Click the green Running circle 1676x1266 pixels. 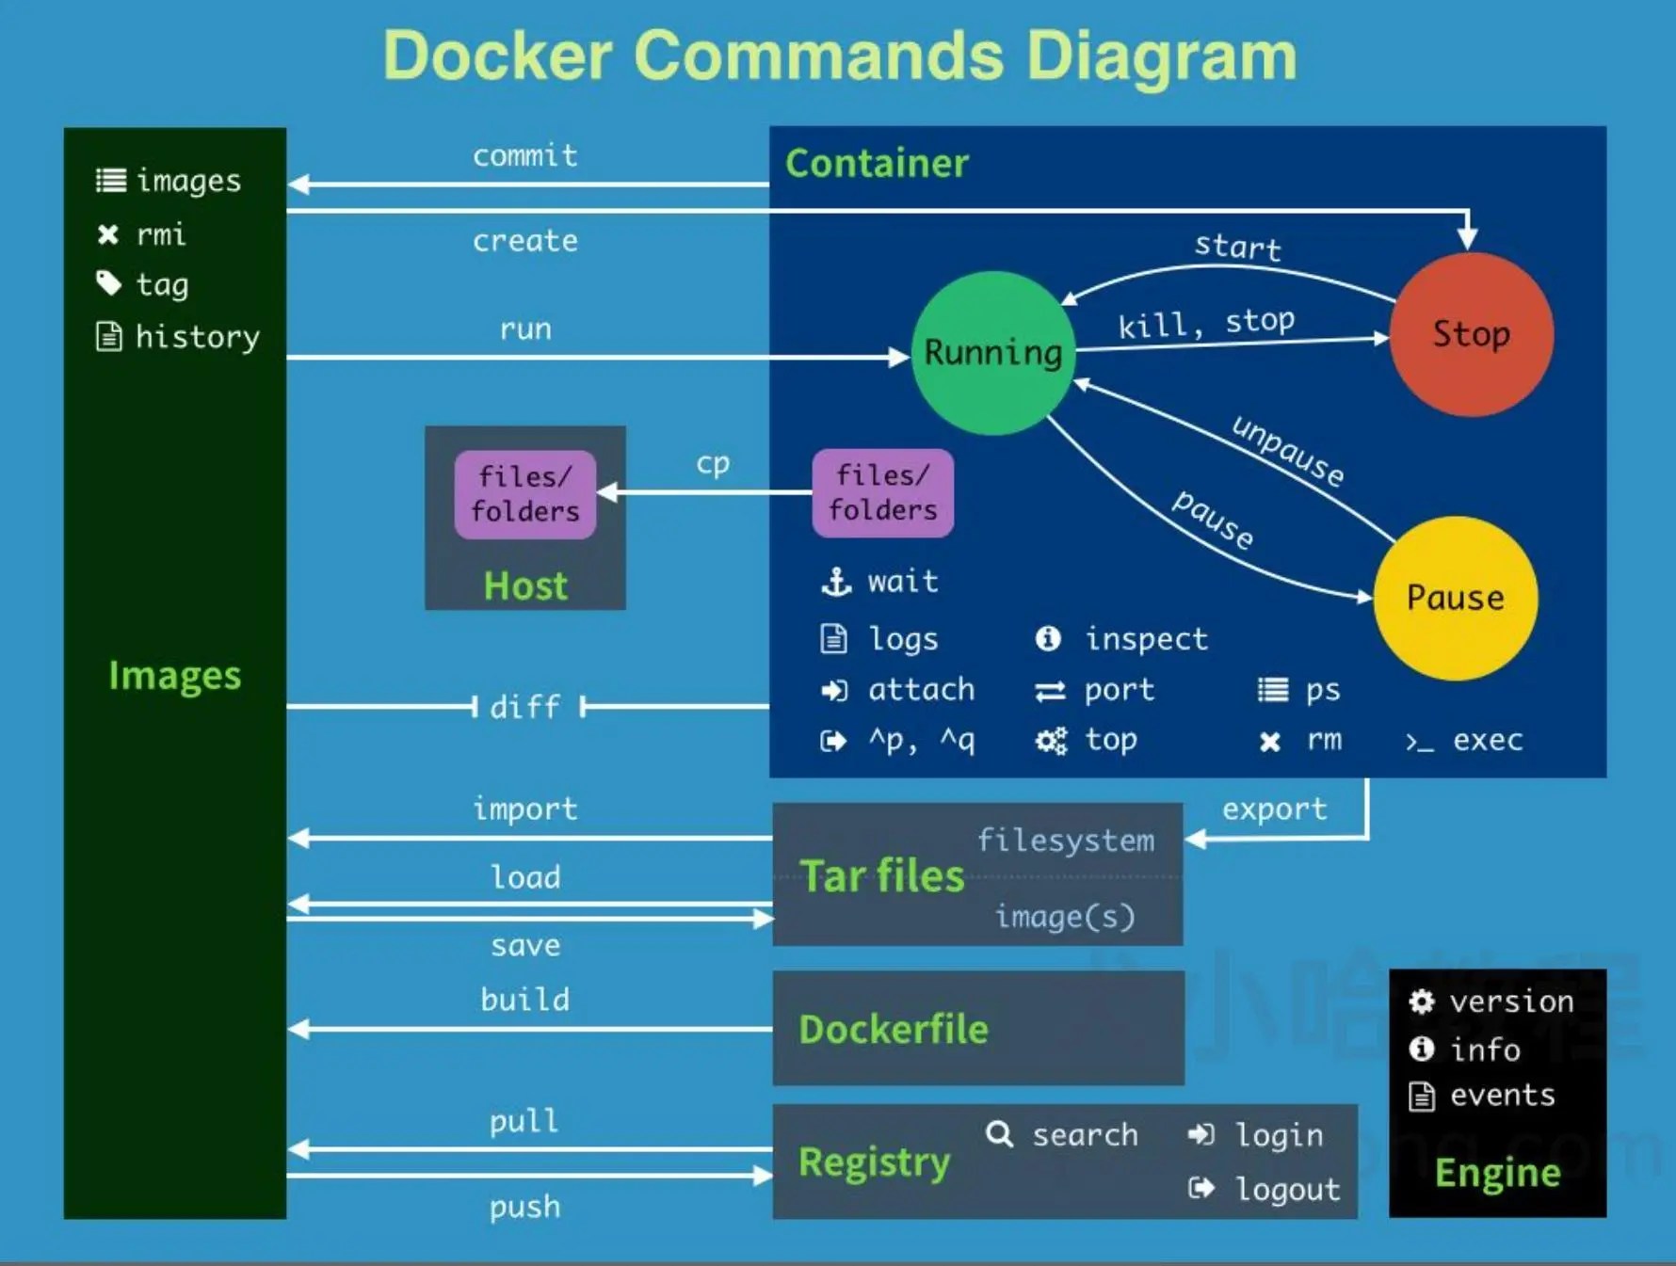click(x=992, y=352)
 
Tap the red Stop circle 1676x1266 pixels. click(x=1471, y=333)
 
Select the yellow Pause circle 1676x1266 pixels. click(x=1455, y=598)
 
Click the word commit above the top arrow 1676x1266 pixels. click(x=524, y=155)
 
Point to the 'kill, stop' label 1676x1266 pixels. click(x=1206, y=323)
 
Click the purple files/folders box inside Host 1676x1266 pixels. click(x=524, y=494)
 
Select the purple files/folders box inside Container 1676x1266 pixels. click(x=882, y=493)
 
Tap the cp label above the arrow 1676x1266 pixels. click(x=713, y=463)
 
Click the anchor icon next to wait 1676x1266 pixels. click(x=836, y=582)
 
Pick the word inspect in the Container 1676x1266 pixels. click(x=1146, y=639)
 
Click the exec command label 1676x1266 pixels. click(x=1487, y=741)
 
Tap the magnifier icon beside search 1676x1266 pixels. click(x=999, y=1134)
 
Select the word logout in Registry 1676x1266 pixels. click(x=1287, y=1189)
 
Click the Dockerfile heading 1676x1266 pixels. click(x=894, y=1029)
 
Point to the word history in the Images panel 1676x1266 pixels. click(x=197, y=337)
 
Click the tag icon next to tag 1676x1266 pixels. click(x=109, y=283)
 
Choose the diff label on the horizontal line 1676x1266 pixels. click(x=524, y=707)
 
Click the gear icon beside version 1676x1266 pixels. click(x=1421, y=1002)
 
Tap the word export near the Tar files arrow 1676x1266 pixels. click(x=1274, y=809)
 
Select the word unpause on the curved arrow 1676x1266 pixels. click(x=1287, y=451)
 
